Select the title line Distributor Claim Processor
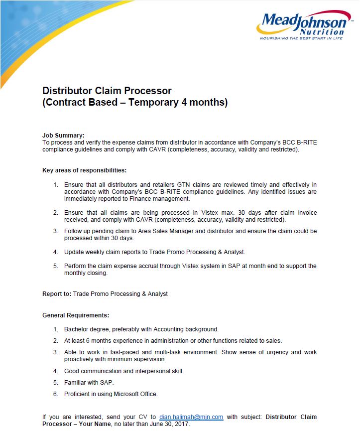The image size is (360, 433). coord(107,91)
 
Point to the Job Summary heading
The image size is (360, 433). coord(63,135)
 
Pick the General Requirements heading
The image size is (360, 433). coord(75,315)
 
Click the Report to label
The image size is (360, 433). coord(56,294)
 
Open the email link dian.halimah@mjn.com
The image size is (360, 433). coord(191,417)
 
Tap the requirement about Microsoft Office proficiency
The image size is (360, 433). coord(111,394)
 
